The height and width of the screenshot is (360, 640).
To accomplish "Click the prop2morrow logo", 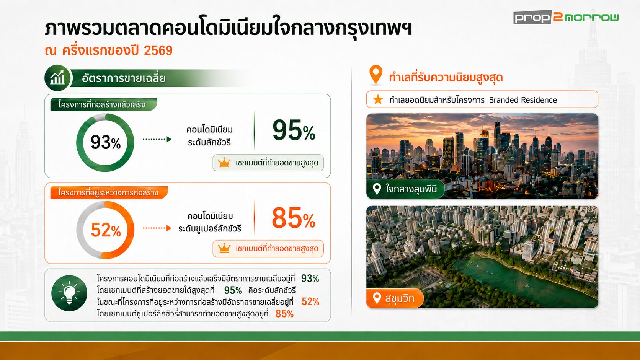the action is point(566,18).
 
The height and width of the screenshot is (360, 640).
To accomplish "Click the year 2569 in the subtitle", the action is point(158,50).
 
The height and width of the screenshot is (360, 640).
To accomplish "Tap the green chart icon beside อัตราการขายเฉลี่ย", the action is point(57,78).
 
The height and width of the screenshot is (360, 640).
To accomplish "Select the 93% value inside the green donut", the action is point(105,142).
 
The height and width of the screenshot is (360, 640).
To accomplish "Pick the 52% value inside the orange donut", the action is point(106,230).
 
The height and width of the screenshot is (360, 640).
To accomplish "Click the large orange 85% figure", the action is point(294,218).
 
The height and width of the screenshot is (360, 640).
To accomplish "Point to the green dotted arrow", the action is point(157,139).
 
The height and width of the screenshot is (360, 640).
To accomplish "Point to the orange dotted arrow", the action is point(157,228).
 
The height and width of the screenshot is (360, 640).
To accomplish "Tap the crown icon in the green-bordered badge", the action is point(224,163).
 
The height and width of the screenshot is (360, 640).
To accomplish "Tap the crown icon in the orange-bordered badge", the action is point(224,248).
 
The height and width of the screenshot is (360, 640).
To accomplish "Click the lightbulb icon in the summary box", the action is point(69,293).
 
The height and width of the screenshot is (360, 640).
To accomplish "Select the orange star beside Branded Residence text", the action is point(378,99).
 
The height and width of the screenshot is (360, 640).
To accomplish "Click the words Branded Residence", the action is point(523,100).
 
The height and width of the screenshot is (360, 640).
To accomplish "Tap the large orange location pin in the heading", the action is point(376,75).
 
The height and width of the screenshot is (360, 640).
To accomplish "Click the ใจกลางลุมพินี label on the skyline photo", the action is point(405,189).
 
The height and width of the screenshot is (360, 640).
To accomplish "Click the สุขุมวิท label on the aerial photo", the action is point(395,298).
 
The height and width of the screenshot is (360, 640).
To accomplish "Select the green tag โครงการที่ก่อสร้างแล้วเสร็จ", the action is point(104,104).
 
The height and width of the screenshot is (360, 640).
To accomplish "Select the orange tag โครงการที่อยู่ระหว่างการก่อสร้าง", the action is point(109,192).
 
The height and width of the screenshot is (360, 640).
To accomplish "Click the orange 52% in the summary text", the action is point(310,302).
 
